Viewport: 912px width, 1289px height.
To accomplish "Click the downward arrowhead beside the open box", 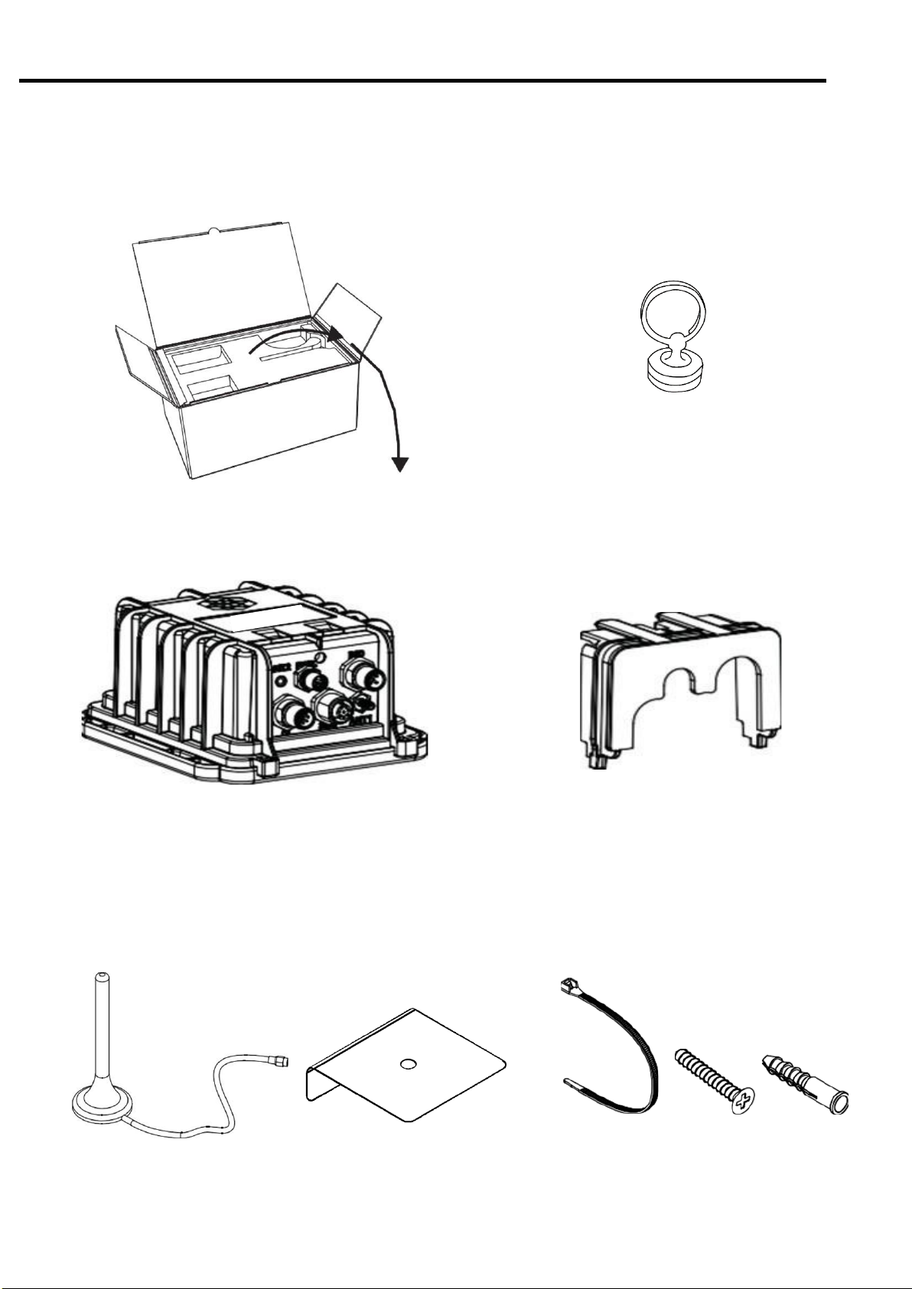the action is [x=400, y=464].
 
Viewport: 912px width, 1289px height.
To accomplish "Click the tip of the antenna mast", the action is [x=102, y=978].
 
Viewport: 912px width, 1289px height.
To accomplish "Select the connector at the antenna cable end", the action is [x=282, y=1061].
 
